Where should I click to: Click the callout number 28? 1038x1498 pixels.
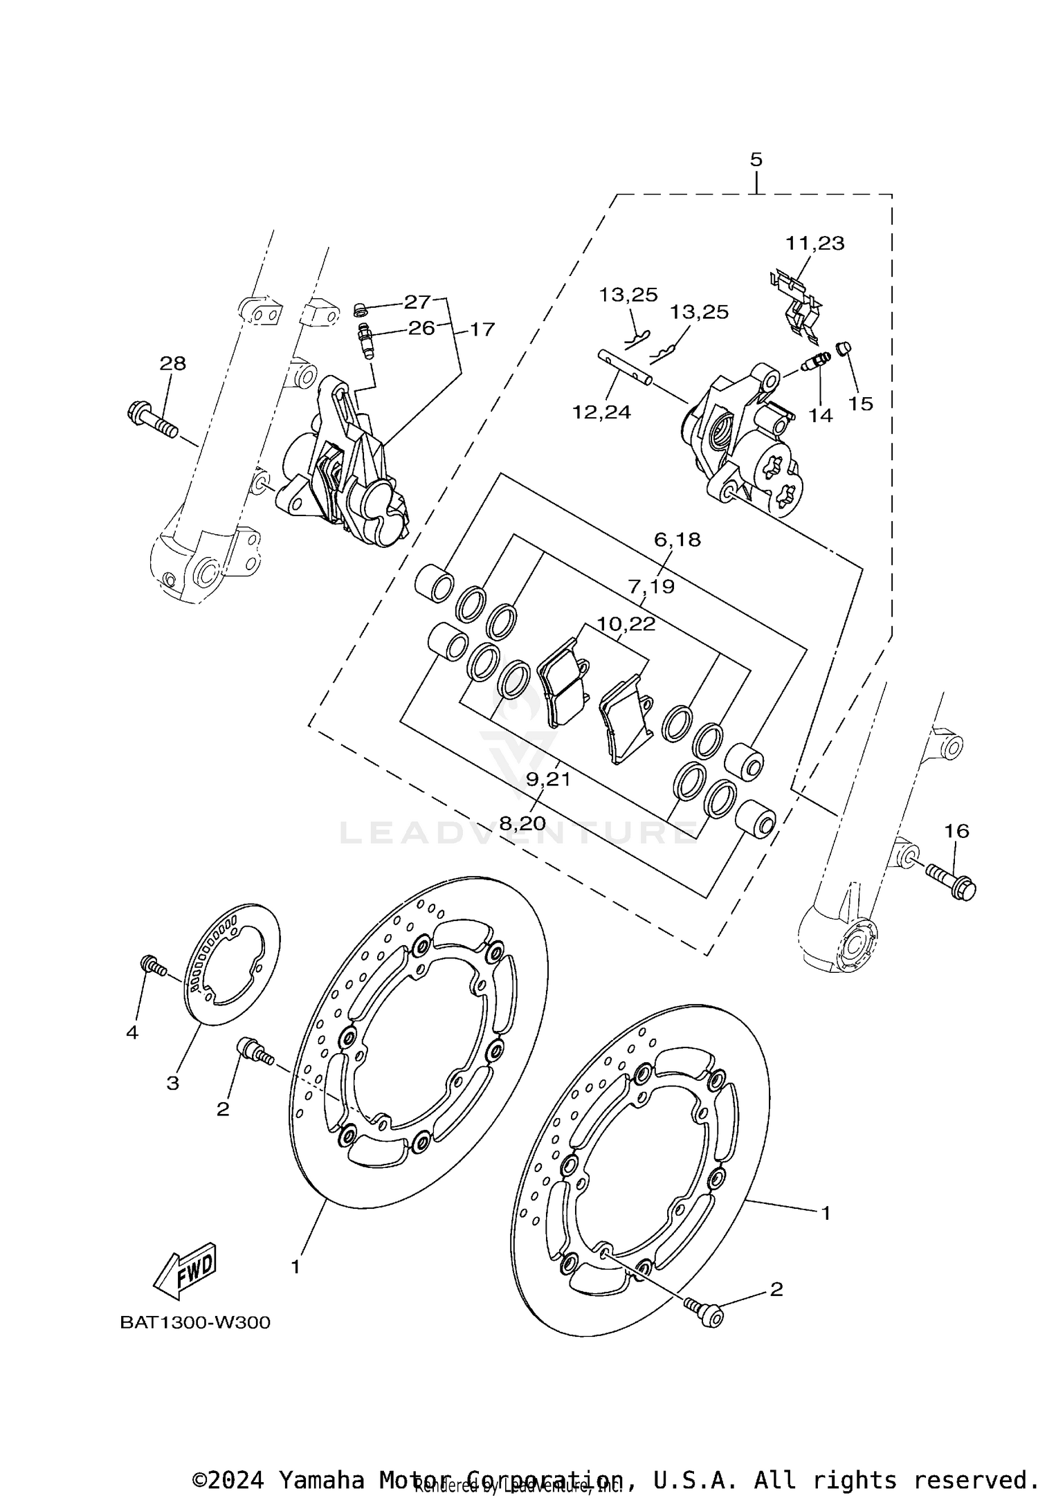pos(173,363)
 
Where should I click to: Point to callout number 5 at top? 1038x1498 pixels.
pos(756,160)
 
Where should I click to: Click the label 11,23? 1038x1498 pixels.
pos(814,244)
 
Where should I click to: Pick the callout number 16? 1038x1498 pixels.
pos(958,830)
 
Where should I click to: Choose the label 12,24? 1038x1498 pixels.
pos(601,412)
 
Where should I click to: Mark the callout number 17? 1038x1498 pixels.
pos(482,329)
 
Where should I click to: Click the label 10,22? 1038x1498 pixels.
pos(626,624)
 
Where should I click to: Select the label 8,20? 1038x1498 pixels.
pos(522,823)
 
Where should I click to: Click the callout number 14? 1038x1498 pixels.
pos(821,415)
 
